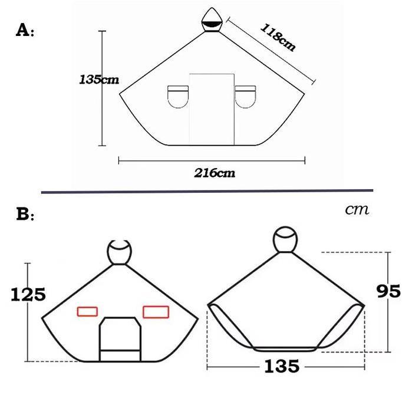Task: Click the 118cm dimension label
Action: [x=278, y=38]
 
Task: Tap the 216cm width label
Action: [x=215, y=173]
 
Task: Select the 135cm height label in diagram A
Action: [x=99, y=80]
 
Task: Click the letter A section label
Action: [x=25, y=30]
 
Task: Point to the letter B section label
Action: [x=25, y=214]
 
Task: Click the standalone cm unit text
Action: [x=357, y=210]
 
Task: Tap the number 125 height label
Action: [x=28, y=294]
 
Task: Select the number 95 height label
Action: [x=388, y=291]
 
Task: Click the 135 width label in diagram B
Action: [x=282, y=366]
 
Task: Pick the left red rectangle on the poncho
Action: [x=87, y=311]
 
